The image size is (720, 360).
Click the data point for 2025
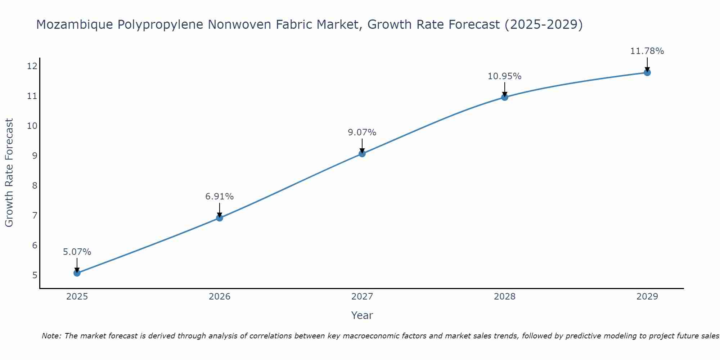pos(77,273)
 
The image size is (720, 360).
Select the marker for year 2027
pos(362,154)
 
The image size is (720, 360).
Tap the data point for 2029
pos(647,73)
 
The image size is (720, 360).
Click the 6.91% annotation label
pos(219,197)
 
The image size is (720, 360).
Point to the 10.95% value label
pos(504,76)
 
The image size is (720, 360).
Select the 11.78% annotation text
pos(647,51)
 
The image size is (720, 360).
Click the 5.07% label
pos(77,252)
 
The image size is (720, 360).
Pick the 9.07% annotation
pos(362,132)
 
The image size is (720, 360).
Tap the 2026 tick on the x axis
pos(220,297)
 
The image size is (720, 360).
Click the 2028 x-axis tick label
pos(504,297)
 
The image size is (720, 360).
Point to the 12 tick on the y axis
pos(32,66)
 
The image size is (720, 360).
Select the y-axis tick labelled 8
pos(35,185)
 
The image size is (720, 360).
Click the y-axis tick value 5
pos(35,275)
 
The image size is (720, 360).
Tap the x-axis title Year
pos(362,315)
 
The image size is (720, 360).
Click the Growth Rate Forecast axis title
pos(9,173)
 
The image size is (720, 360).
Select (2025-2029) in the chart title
pos(544,24)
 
